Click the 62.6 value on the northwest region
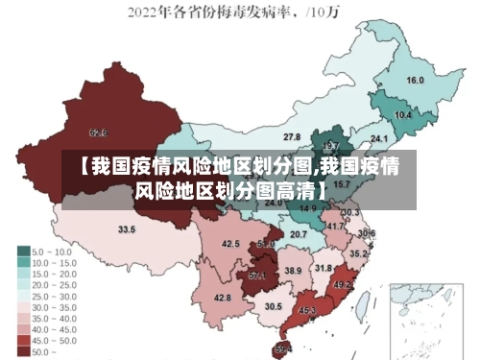[x=98, y=132]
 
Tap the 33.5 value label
[x=126, y=229]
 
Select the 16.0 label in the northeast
[x=416, y=81]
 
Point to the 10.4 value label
[x=403, y=116]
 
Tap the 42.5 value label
[x=230, y=244]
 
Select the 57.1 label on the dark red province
[x=257, y=276]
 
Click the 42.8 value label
[x=223, y=298]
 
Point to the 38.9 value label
[x=293, y=272]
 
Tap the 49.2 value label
[x=342, y=285]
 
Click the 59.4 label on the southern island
[x=284, y=348]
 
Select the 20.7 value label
[x=299, y=234]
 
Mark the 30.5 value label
[x=274, y=306]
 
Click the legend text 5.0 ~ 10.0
[x=52, y=251]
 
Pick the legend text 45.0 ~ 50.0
[x=54, y=340]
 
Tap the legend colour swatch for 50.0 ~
[x=22, y=351]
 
